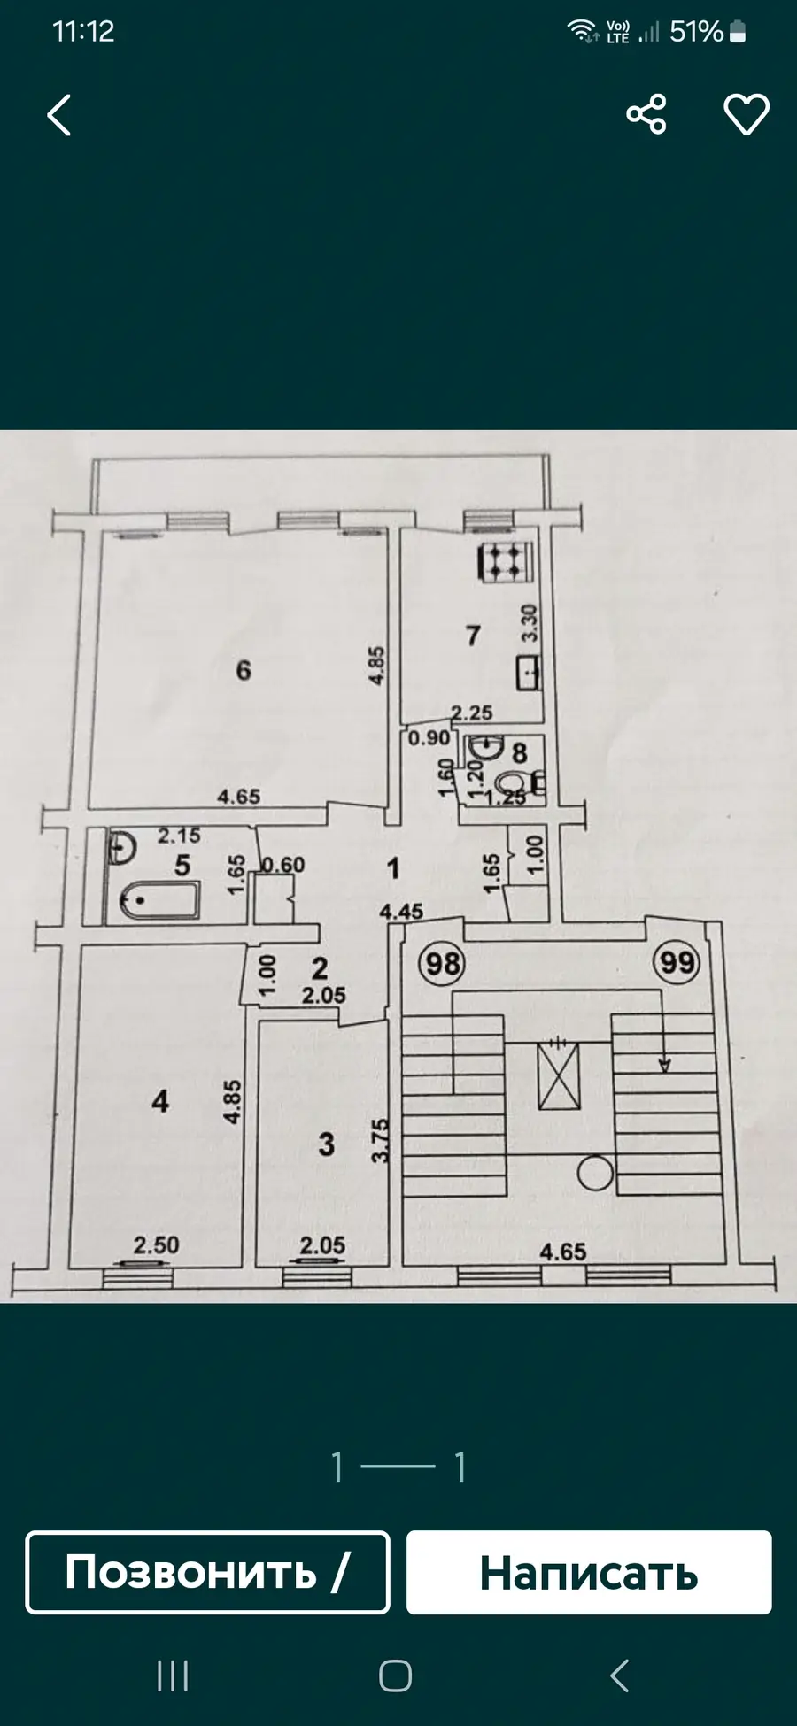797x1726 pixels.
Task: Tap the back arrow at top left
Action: pos(59,115)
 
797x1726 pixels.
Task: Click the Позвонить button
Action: pos(207,1572)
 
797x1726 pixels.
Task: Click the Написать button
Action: pos(589,1572)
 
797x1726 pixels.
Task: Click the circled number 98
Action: pos(443,962)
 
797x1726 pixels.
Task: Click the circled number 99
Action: pos(677,962)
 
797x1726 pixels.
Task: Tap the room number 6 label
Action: pos(244,670)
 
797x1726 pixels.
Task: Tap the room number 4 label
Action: pos(160,1101)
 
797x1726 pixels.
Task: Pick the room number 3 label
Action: pos(327,1144)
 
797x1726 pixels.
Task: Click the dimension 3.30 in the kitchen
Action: pos(530,623)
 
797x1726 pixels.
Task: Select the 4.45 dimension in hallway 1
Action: pos(401,911)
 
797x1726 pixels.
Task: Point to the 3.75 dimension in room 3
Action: pos(380,1142)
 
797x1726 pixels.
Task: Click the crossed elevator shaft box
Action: pos(559,1075)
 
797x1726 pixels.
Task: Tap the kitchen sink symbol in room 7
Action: pos(528,674)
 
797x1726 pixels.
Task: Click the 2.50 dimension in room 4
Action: pos(156,1244)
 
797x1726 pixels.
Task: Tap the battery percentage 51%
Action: pos(697,32)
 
